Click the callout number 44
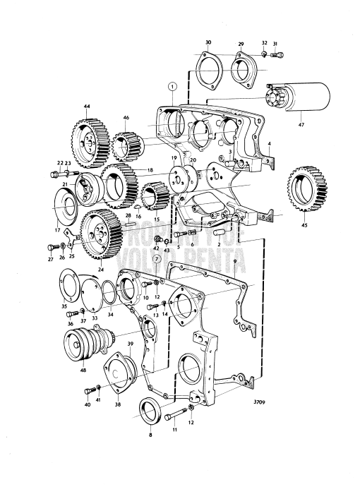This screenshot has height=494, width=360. (x=87, y=107)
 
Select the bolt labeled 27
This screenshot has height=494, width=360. (x=52, y=248)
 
